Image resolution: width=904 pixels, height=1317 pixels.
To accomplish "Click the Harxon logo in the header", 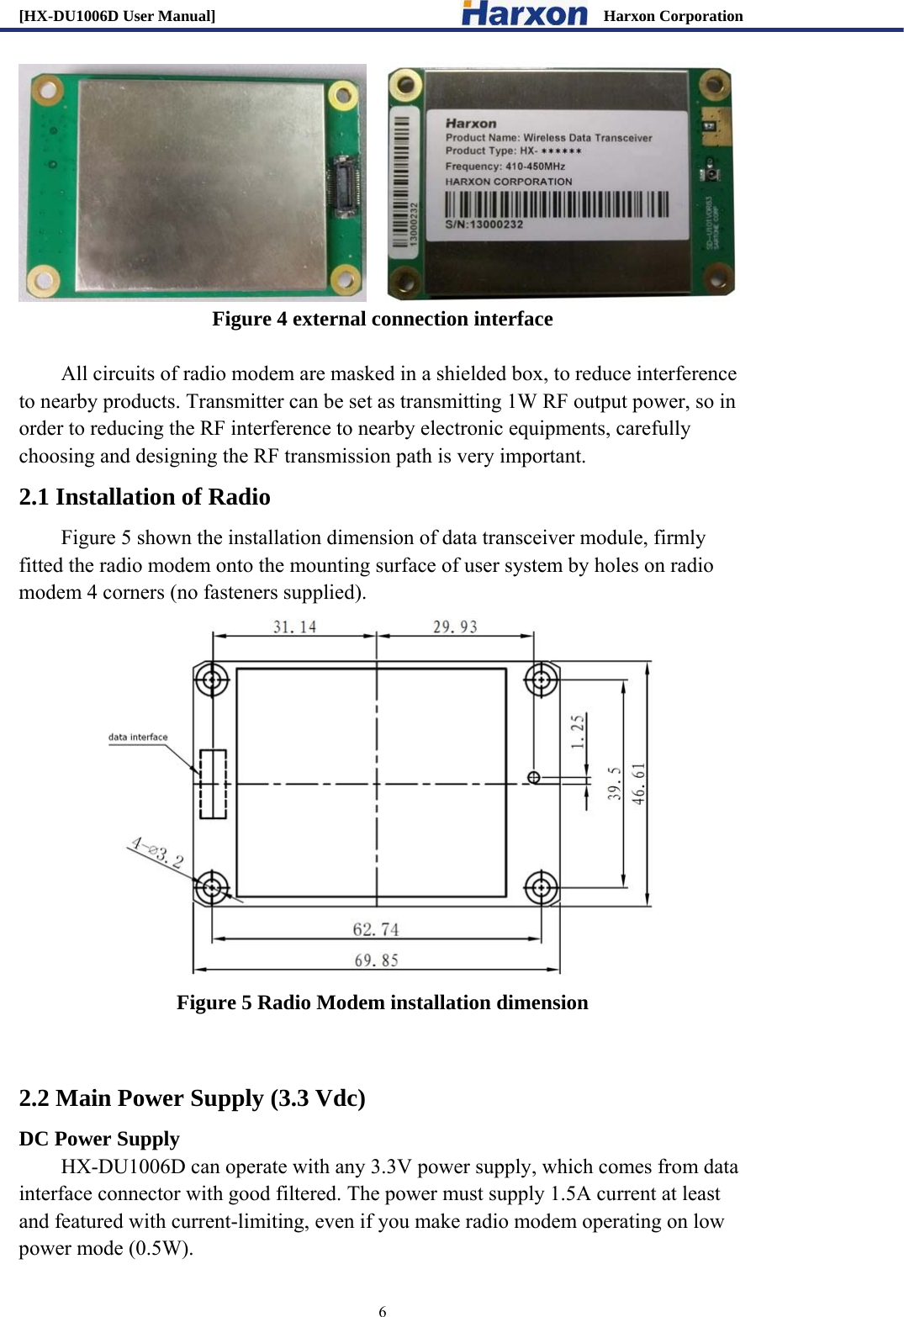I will pyautogui.click(x=524, y=14).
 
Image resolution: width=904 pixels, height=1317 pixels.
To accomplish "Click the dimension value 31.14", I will pyautogui.click(x=294, y=627).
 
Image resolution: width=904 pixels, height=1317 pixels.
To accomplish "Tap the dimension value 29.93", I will pyautogui.click(x=455, y=627).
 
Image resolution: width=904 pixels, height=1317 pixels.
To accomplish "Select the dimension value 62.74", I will pyautogui.click(x=375, y=928).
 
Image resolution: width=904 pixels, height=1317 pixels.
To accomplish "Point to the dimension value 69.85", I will pyautogui.click(x=376, y=960).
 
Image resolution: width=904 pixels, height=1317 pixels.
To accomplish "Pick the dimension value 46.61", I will pyautogui.click(x=639, y=784).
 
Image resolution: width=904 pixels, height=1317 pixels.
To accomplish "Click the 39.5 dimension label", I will pyautogui.click(x=615, y=783).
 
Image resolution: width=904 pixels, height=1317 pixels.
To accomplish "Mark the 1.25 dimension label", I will pyautogui.click(x=577, y=732).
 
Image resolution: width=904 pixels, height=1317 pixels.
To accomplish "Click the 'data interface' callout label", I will pyautogui.click(x=138, y=737).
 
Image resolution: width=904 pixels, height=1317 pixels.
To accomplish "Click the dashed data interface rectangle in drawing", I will pyautogui.click(x=213, y=784).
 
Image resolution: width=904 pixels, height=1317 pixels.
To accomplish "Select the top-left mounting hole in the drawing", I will pyautogui.click(x=212, y=679).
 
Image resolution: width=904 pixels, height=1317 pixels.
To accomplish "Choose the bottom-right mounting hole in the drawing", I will pyautogui.click(x=541, y=886).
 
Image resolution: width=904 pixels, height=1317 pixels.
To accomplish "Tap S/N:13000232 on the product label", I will pyautogui.click(x=484, y=225).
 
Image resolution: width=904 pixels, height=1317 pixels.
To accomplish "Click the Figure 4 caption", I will pyautogui.click(x=382, y=319).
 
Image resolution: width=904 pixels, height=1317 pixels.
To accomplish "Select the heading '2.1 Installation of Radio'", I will pyautogui.click(x=145, y=497).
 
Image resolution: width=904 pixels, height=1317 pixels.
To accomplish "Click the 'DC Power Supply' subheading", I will pyautogui.click(x=99, y=1139).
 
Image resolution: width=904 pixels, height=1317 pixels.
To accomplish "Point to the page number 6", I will pyautogui.click(x=383, y=1310).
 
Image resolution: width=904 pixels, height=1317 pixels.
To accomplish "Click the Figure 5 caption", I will pyautogui.click(x=382, y=1002).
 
